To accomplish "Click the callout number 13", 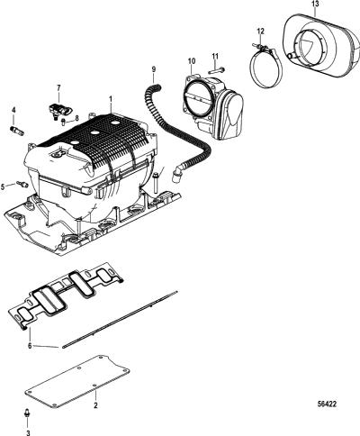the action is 315,5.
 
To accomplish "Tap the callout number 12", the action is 260,31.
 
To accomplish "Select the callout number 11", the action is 215,56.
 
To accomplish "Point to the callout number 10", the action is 192,61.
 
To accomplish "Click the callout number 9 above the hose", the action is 154,69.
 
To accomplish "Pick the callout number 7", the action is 58,87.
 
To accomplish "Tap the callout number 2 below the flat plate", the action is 95,405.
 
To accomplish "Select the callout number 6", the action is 30,346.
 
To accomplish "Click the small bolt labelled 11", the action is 217,71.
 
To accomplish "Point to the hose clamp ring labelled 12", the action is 265,66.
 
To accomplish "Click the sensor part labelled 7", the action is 59,110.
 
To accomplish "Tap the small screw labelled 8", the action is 64,122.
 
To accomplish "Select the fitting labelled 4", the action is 17,131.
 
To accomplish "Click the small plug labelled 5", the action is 22,184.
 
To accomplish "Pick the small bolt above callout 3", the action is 27,413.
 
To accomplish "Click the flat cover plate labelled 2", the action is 77,381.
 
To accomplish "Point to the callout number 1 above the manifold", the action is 111,99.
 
